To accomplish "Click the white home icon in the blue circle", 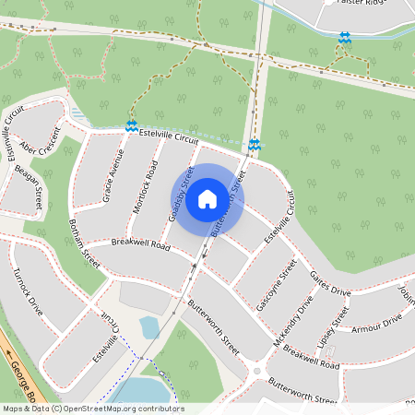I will click(x=207, y=199).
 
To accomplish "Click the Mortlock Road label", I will click(x=145, y=190).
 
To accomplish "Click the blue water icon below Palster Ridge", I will click(x=345, y=38).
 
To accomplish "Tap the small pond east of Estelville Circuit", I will click(x=149, y=326).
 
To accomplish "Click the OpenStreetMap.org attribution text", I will click(x=120, y=409).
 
